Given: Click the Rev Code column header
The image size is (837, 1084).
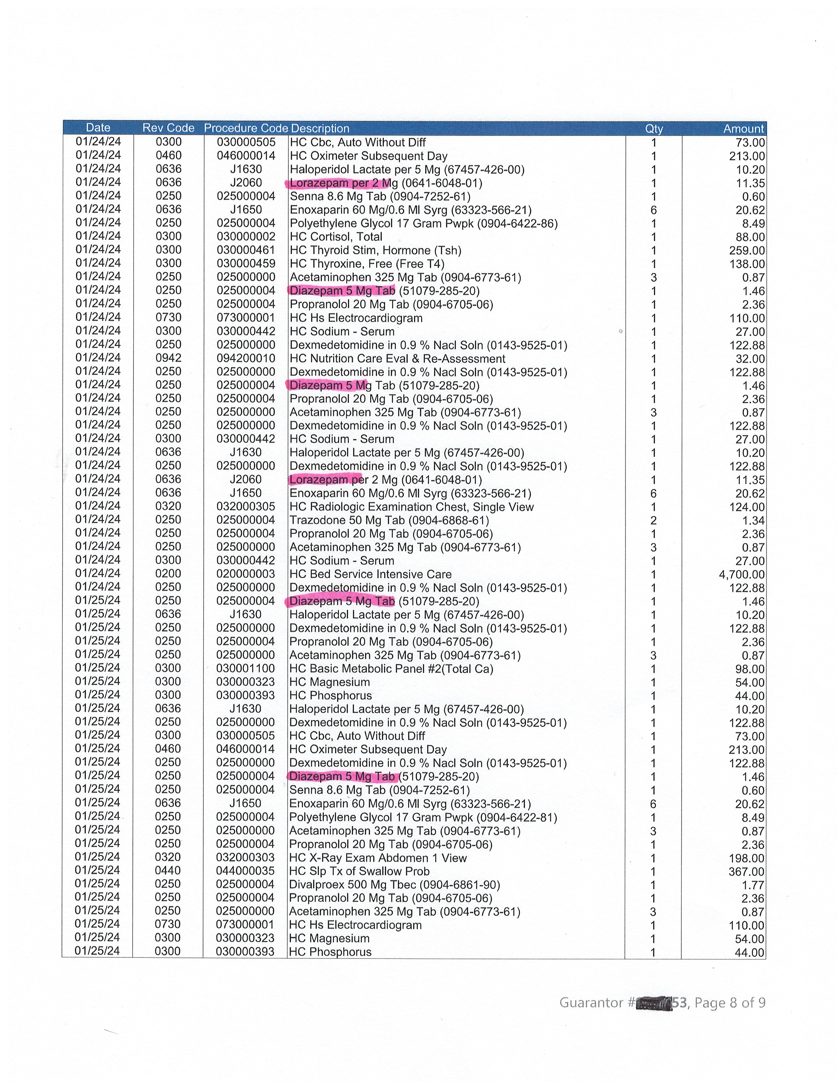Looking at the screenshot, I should click(x=168, y=128).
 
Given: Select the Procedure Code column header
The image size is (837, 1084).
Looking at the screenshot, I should click(x=246, y=128).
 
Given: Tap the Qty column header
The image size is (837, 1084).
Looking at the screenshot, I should click(x=654, y=128).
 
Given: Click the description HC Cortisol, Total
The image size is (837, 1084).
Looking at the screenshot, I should click(x=336, y=237).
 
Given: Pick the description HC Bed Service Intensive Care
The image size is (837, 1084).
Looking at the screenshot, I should click(x=370, y=574).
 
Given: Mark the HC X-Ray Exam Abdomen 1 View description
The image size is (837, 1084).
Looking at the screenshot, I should click(x=378, y=858).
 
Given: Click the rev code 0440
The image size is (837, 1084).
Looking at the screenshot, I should click(x=168, y=871).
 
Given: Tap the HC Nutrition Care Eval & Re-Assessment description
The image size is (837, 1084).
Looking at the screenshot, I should click(x=397, y=358).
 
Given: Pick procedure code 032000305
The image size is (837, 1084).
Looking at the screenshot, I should click(x=246, y=507).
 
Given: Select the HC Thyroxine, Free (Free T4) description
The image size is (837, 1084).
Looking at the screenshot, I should click(x=367, y=263).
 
